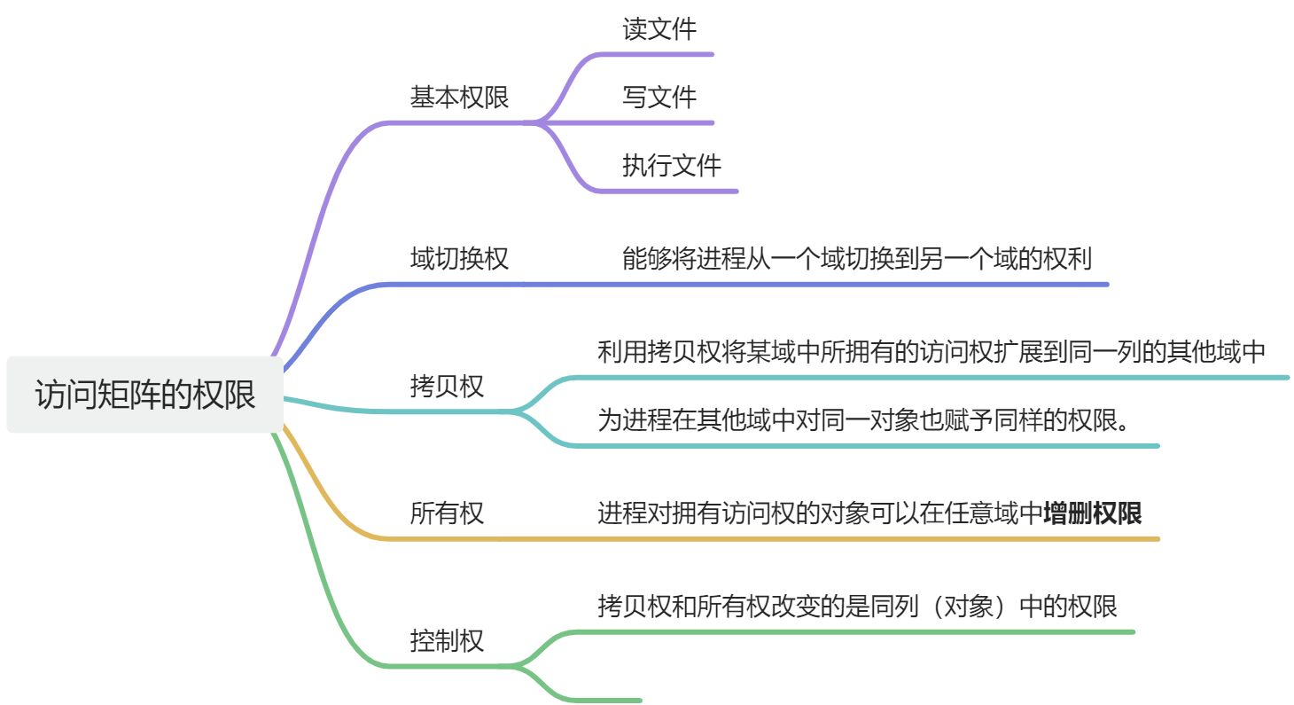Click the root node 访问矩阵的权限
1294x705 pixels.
pyautogui.click(x=144, y=395)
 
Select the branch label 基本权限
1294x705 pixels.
pyautogui.click(x=459, y=97)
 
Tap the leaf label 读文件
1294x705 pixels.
pyautogui.click(x=659, y=29)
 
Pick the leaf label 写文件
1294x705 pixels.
pyautogui.click(x=659, y=97)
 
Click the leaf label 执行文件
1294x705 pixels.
pyautogui.click(x=672, y=165)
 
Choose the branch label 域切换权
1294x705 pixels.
pyautogui.click(x=459, y=258)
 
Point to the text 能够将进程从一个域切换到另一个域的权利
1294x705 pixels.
pyautogui.click(x=856, y=258)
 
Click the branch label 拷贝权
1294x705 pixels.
pyautogui.click(x=447, y=386)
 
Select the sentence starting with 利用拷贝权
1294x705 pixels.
pyautogui.click(x=931, y=352)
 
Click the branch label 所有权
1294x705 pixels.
pyautogui.click(x=447, y=513)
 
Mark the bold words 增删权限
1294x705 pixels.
pyautogui.click(x=1092, y=513)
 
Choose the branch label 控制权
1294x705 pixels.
pyautogui.click(x=447, y=640)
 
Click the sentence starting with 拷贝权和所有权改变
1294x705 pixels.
pyautogui.click(x=856, y=607)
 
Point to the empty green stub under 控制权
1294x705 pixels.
pyautogui.click(x=603, y=700)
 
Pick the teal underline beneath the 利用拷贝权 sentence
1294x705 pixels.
pyautogui.click(x=931, y=378)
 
